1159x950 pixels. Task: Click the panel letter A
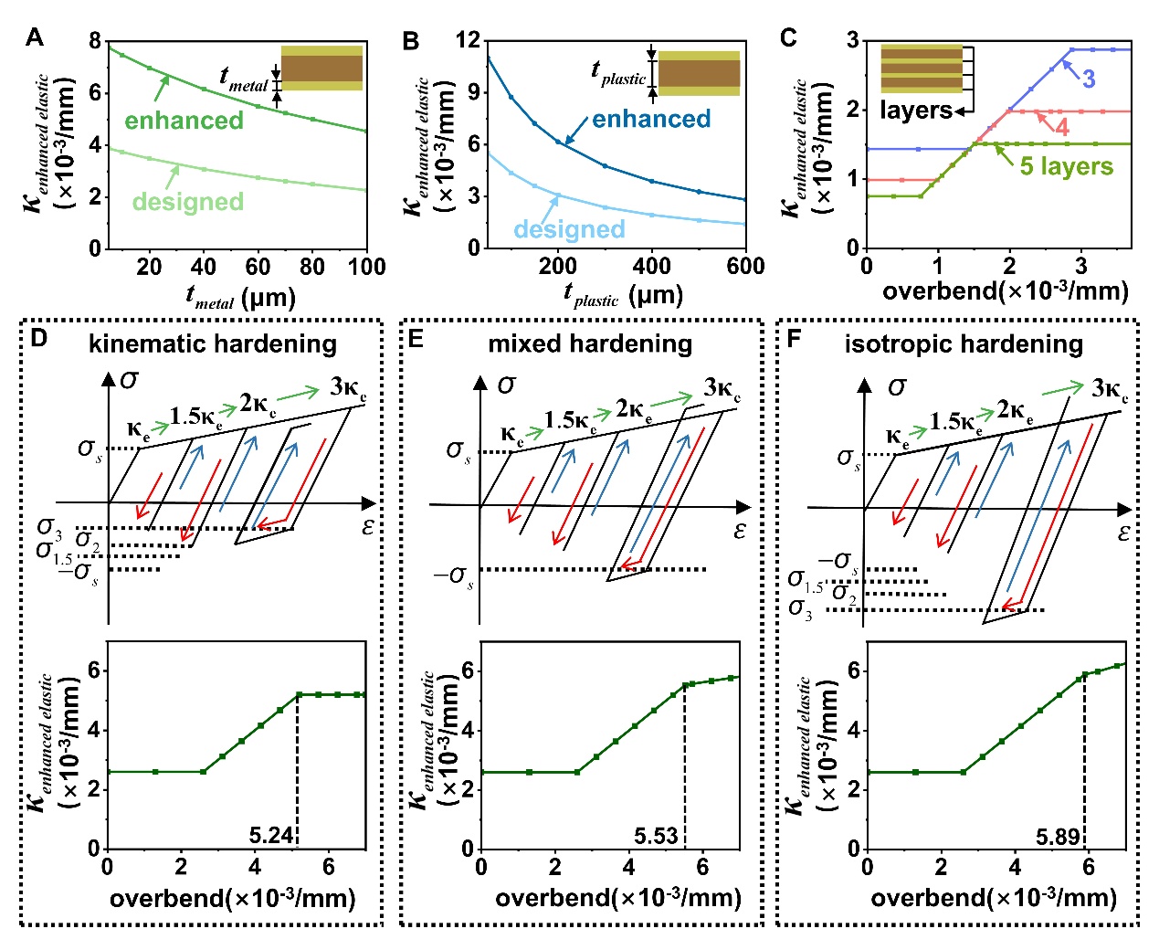pos(35,37)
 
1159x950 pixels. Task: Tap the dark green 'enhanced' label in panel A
pos(184,121)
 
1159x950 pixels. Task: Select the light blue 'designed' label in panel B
pos(569,229)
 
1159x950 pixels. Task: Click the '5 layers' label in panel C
pos(1066,166)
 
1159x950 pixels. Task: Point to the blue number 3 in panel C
pos(1089,79)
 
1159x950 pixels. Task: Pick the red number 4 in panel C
pos(1061,127)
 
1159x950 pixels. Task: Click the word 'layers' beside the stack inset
pos(915,111)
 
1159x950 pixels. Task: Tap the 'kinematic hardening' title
pos(212,343)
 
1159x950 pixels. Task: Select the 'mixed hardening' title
pos(590,343)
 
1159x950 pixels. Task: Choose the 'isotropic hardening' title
pos(964,343)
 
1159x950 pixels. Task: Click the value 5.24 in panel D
pos(270,835)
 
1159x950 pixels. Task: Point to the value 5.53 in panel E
pos(656,836)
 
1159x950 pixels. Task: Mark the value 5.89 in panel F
pos(1058,836)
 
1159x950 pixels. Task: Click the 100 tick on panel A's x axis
pos(367,267)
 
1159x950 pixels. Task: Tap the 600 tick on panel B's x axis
pos(745,266)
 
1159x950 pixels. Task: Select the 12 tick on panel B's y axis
pos(468,40)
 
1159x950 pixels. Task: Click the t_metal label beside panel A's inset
pos(244,79)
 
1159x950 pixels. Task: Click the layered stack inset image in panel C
pos(921,69)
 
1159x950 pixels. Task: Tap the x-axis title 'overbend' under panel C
pos(1005,291)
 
